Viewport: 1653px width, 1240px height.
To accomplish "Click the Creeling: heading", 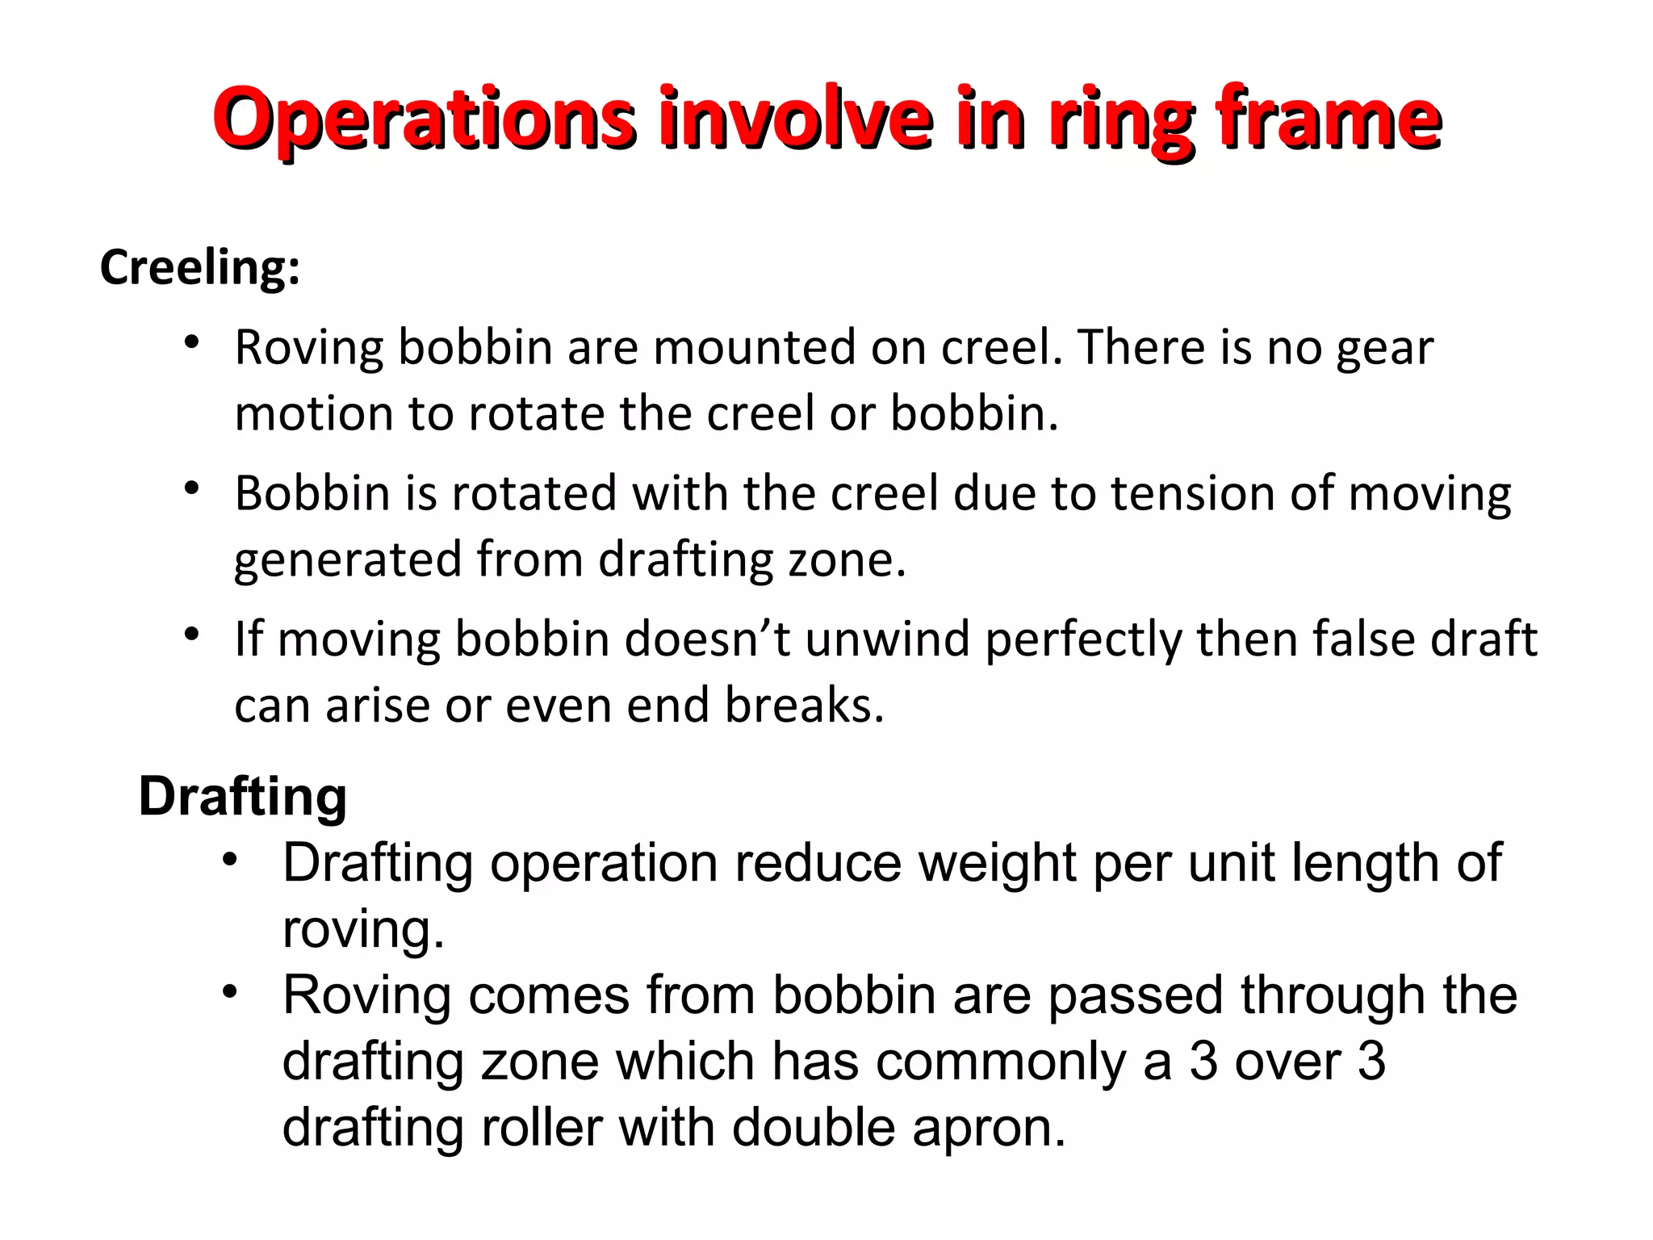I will pyautogui.click(x=199, y=267).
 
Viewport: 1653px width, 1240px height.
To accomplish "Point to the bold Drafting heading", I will pyautogui.click(x=243, y=797).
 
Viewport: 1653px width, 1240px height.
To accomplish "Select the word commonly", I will pyautogui.click(x=1001, y=1061).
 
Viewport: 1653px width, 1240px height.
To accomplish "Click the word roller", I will pyautogui.click(x=542, y=1128).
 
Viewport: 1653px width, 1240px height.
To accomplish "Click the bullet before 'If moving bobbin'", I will pyautogui.click(x=191, y=635).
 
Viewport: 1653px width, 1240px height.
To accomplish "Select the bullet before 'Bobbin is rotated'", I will pyautogui.click(x=191, y=488).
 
